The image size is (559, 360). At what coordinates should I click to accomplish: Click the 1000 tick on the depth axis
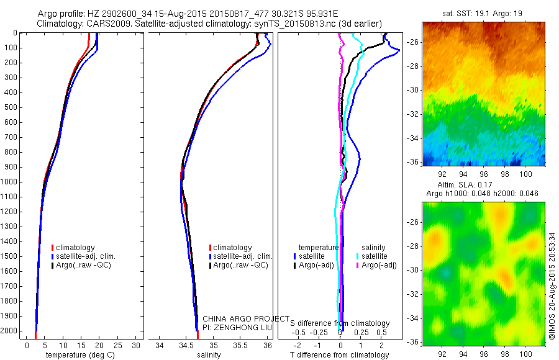tap(11, 182)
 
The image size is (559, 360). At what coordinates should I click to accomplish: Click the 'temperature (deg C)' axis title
tap(78, 355)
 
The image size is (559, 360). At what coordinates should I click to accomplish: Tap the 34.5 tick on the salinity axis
tap(186, 345)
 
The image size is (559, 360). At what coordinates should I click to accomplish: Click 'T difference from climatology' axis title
tap(339, 355)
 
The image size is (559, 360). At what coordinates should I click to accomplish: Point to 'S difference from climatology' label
tap(340, 323)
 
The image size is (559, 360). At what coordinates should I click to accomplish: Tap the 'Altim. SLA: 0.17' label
tap(483, 185)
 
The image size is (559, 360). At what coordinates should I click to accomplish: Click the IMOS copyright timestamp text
tap(552, 274)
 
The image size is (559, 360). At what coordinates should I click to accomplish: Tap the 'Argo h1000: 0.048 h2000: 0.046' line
tap(483, 194)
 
